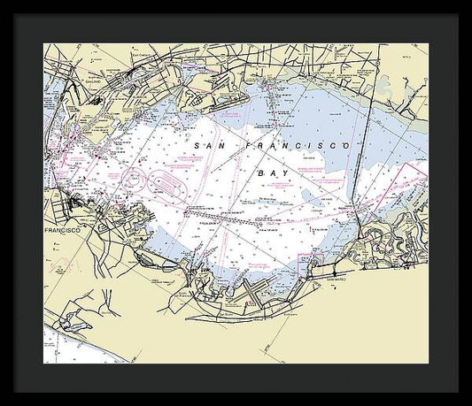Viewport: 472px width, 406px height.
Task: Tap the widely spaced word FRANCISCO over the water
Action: pyautogui.click(x=297, y=144)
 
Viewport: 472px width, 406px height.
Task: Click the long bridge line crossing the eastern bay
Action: pyautogui.click(x=358, y=168)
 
